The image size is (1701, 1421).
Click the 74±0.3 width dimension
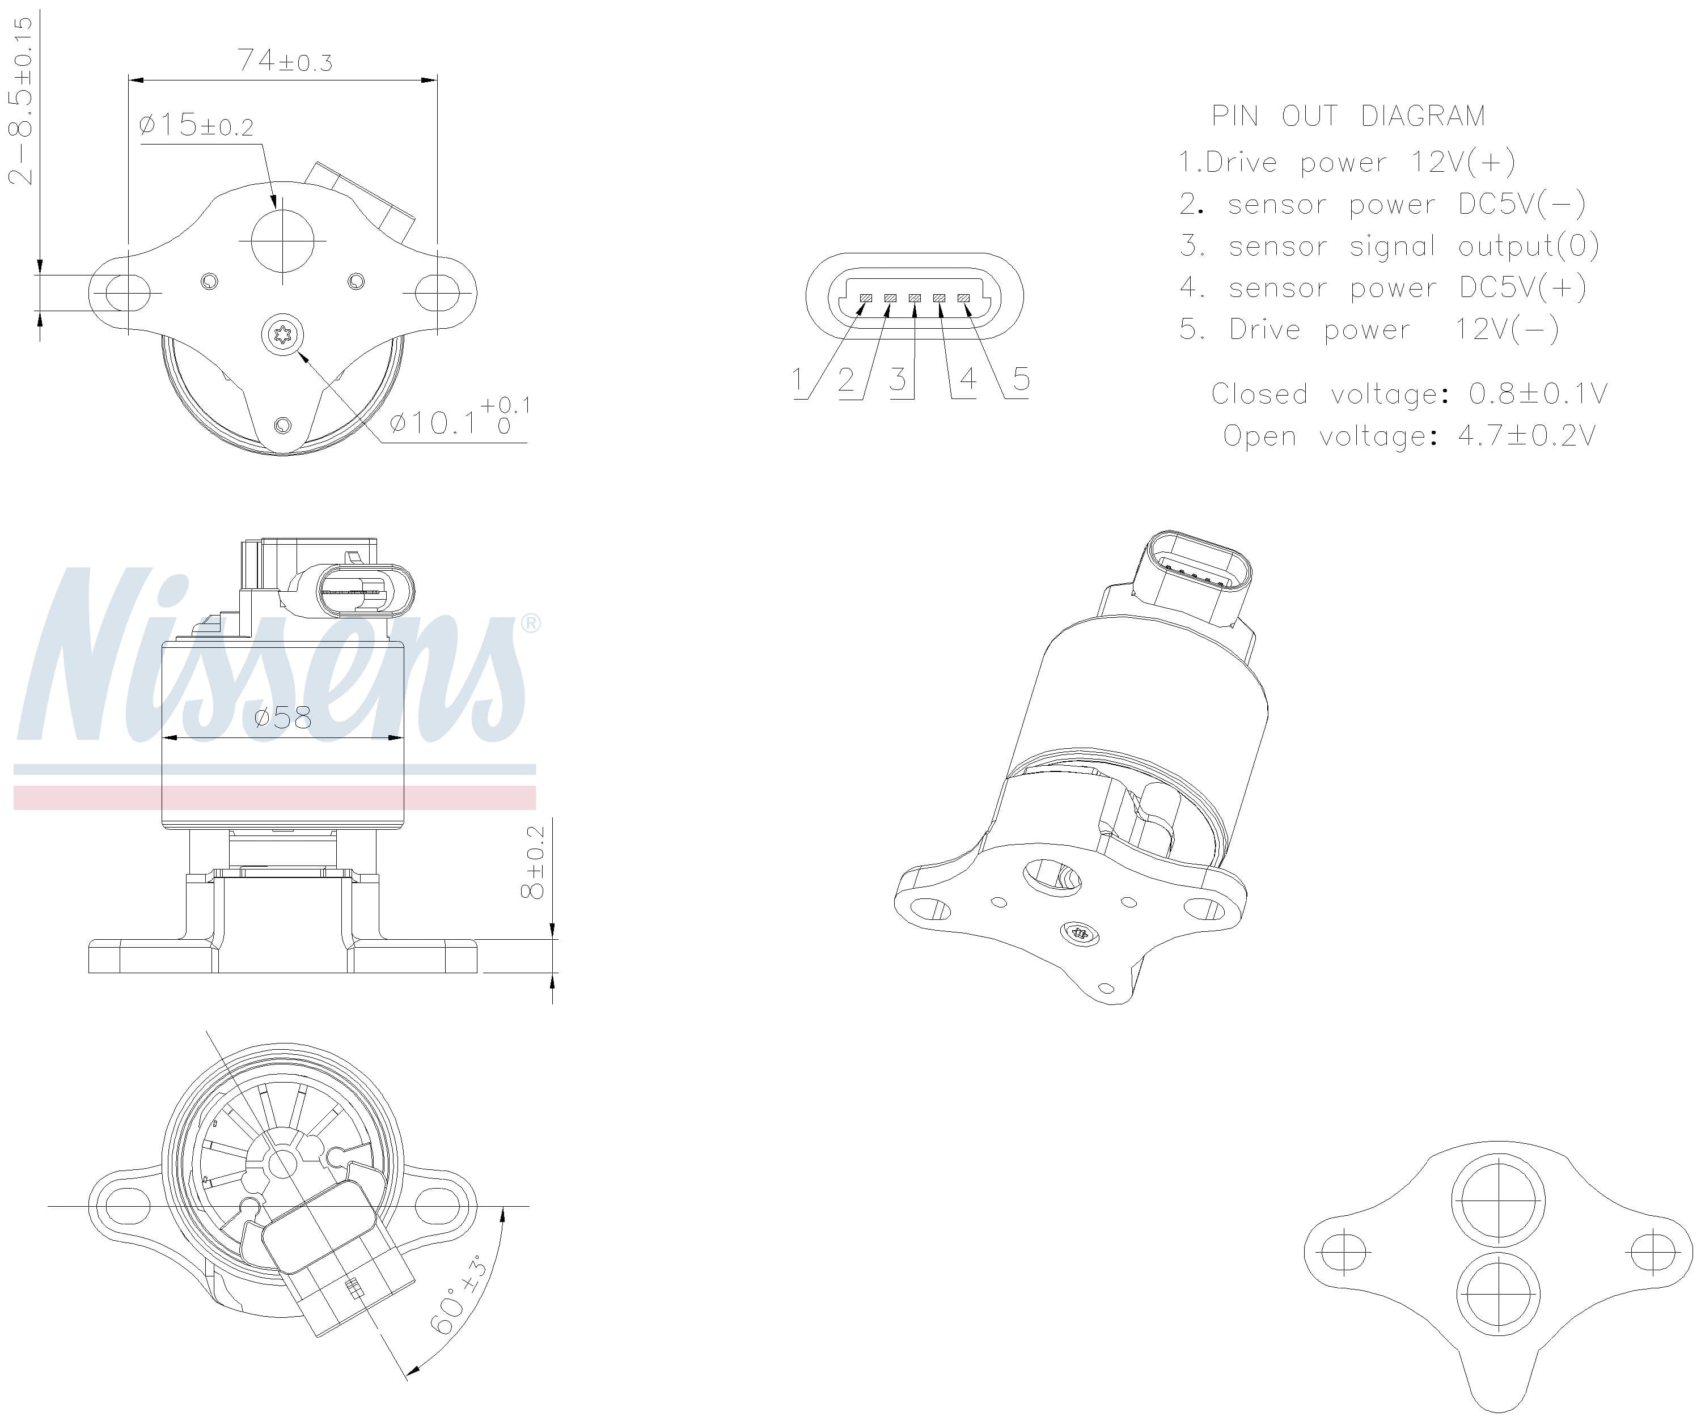tap(284, 61)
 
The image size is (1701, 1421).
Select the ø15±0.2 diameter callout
tap(196, 125)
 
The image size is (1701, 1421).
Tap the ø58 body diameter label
tap(282, 718)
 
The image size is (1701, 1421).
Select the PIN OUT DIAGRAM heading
tap(1348, 116)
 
